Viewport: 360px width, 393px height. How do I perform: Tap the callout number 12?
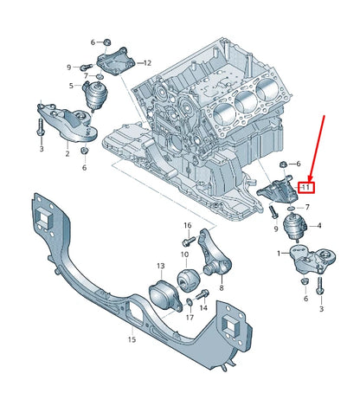coord(146,62)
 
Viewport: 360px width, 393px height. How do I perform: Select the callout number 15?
coord(132,340)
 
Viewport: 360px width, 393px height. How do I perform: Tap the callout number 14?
coord(204,307)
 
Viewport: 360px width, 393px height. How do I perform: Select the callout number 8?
coord(221,287)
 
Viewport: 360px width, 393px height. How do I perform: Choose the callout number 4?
coord(319,226)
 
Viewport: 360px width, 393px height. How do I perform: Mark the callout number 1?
coord(278,254)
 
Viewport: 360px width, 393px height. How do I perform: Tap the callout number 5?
coord(72,86)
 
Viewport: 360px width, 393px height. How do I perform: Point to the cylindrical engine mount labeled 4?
coord(295,229)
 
